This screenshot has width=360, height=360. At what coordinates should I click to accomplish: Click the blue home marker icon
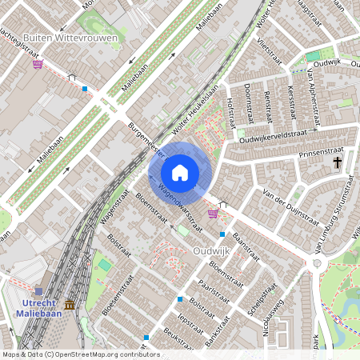(x=180, y=172)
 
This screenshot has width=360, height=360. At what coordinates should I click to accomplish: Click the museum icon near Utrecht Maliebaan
(x=70, y=305)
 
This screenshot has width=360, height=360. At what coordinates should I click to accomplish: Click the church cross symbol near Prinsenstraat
(x=338, y=163)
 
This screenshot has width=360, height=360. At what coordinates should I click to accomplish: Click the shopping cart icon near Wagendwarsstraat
(x=213, y=214)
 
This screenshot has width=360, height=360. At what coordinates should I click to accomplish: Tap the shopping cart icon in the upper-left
(x=38, y=64)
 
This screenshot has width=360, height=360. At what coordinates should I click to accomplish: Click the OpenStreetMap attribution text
(x=79, y=354)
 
